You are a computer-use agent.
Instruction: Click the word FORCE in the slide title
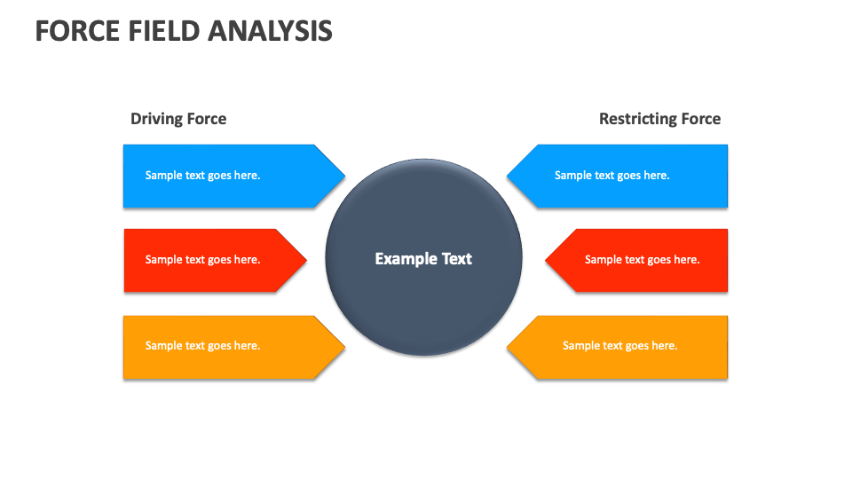75,31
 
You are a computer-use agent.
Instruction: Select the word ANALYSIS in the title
271,31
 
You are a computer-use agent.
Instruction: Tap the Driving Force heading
178,119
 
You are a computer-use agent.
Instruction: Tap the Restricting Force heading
659,119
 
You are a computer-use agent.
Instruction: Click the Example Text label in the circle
423,259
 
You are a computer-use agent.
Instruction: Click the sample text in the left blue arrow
202,176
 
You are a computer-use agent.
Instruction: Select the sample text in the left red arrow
202,260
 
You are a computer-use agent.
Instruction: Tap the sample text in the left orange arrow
202,346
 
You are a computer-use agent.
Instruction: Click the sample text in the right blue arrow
611,176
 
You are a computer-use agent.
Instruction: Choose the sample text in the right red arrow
642,260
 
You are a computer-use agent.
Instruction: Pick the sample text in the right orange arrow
619,346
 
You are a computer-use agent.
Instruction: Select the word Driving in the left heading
156,119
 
